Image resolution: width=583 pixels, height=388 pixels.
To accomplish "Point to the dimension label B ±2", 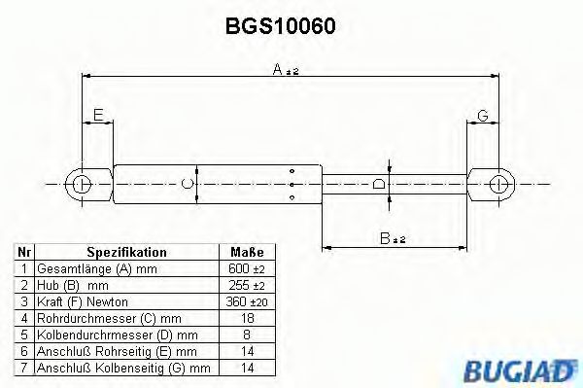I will point(393,237).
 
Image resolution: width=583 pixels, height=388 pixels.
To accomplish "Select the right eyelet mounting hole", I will point(497,182).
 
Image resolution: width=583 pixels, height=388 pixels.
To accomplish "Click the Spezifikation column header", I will point(126,251).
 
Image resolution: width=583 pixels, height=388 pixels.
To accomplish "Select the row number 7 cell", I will point(23,369).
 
